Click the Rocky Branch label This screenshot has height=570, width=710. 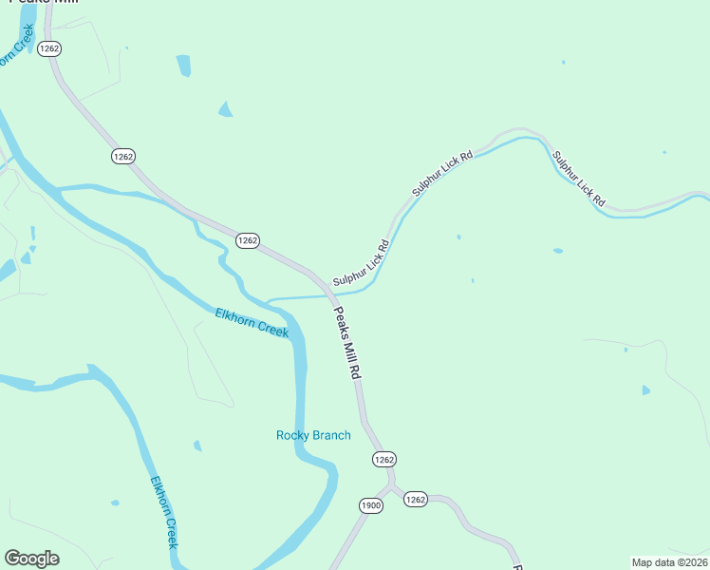tap(313, 436)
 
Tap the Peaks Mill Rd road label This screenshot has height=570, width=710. tap(346, 343)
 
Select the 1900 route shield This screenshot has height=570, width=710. tap(371, 505)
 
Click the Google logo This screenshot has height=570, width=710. tap(31, 559)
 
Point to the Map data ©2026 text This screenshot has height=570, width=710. tap(669, 562)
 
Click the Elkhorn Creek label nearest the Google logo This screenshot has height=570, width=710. tap(164, 510)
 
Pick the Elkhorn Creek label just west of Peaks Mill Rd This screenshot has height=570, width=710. tap(252, 322)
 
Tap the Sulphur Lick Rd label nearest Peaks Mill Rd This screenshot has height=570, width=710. tap(362, 265)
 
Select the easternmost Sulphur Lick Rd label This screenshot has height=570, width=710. tap(578, 179)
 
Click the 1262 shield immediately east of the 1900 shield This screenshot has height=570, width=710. tap(416, 499)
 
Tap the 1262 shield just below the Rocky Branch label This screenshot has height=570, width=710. tap(383, 459)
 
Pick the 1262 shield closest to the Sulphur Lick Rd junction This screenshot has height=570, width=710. tap(247, 240)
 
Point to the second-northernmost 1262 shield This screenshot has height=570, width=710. tap(122, 156)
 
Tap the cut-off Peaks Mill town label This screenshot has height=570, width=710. tap(43, 3)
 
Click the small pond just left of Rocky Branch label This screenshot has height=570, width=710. tap(197, 446)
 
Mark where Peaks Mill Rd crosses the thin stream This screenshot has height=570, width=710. tap(331, 295)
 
